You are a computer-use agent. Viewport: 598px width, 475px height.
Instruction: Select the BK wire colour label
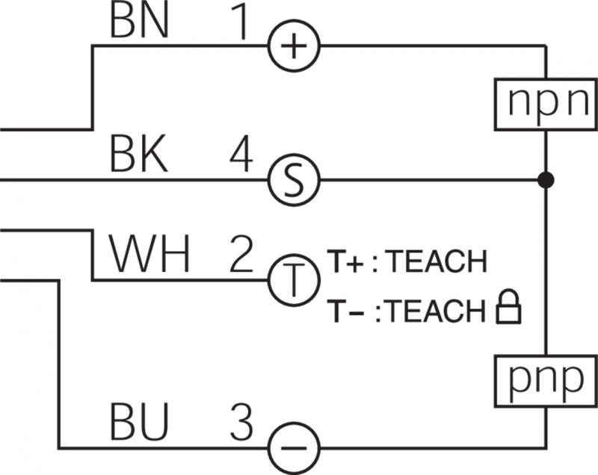(x=140, y=157)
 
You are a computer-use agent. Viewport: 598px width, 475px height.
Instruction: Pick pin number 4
(x=241, y=157)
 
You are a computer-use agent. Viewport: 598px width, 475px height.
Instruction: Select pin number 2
(x=241, y=257)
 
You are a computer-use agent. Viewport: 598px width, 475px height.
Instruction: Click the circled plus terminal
(x=294, y=46)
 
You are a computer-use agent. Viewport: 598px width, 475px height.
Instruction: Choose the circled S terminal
(x=294, y=180)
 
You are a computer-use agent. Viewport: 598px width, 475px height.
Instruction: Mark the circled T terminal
(x=294, y=280)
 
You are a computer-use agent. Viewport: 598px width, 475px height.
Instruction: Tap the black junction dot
(x=547, y=180)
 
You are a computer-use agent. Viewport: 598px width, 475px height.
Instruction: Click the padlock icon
(x=508, y=309)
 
